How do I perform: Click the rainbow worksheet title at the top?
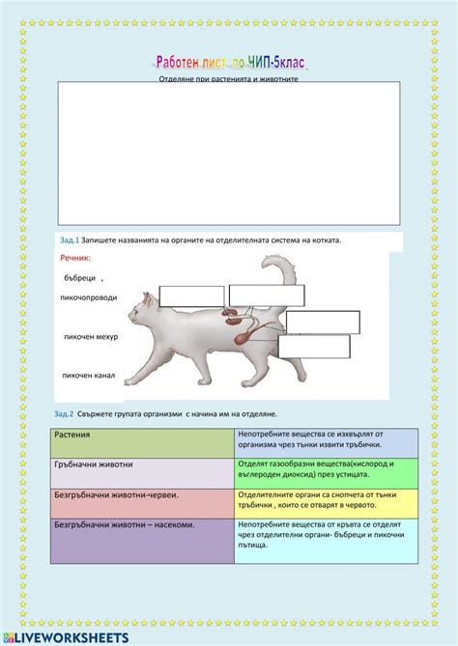coord(229,63)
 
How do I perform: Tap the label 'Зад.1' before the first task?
coord(69,239)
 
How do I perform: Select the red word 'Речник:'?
coord(75,259)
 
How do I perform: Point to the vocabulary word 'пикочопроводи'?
coord(89,297)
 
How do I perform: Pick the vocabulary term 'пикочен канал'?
coord(89,376)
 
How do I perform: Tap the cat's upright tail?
coord(286,279)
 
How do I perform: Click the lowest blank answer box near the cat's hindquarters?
coord(314,347)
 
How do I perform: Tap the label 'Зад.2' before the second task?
coord(65,413)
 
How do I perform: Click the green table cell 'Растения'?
coord(141,443)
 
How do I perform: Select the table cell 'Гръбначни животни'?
coord(141,472)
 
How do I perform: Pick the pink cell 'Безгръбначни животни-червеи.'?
coord(141,502)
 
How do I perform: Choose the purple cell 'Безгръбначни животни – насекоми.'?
coord(141,541)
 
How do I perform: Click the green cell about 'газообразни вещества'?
coord(326,472)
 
